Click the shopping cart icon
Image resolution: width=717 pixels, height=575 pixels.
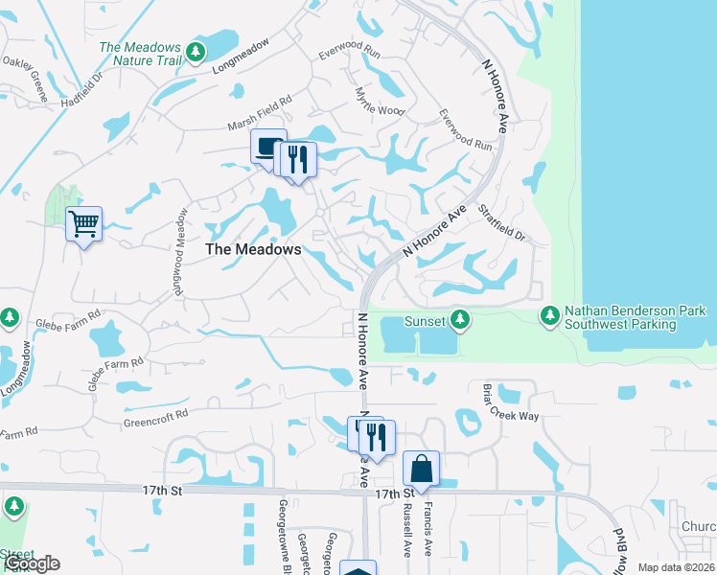[83, 224]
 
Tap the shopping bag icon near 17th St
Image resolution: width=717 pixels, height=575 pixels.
[421, 469]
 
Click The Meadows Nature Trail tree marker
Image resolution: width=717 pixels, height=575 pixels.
[197, 52]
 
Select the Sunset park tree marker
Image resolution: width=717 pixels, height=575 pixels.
[460, 318]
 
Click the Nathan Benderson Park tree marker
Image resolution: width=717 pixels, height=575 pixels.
[549, 314]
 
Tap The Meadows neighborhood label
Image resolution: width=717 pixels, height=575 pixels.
[254, 249]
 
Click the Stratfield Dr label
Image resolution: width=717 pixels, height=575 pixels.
[501, 221]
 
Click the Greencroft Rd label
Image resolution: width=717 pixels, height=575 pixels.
[155, 419]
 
